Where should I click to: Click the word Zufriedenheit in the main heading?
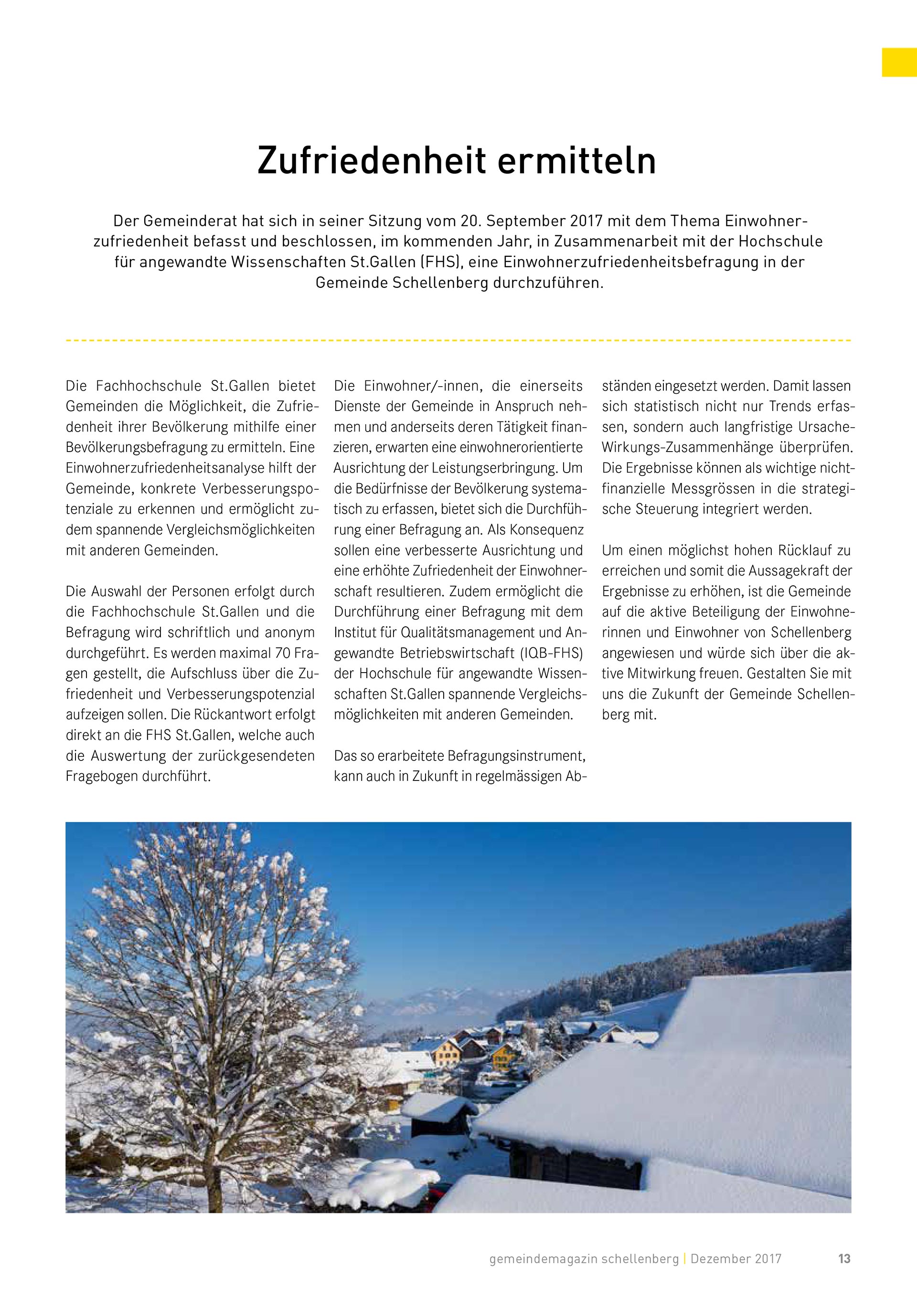(372, 161)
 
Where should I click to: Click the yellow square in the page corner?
(899, 62)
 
